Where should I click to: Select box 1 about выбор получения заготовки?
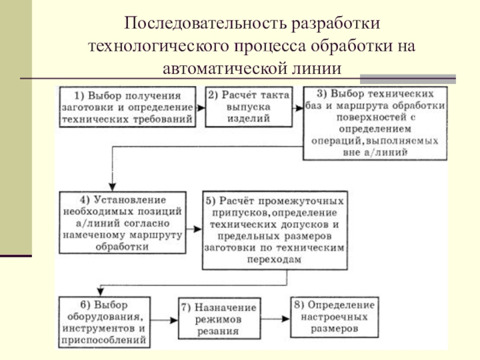(x=128, y=107)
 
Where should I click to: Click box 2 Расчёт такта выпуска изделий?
(x=248, y=107)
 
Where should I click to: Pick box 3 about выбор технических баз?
(x=375, y=124)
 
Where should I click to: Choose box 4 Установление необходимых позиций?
(x=122, y=223)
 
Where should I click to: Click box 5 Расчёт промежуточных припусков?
(x=275, y=230)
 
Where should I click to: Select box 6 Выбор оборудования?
(x=104, y=322)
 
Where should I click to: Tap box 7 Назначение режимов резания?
(x=219, y=319)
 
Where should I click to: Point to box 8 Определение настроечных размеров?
(x=334, y=317)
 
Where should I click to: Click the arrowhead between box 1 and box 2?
(x=201, y=108)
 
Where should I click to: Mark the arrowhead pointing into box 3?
(x=299, y=108)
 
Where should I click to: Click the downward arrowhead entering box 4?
(x=112, y=187)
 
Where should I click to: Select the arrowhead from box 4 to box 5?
(x=198, y=229)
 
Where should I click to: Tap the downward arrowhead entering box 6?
(x=100, y=292)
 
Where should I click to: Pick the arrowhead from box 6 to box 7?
(x=174, y=320)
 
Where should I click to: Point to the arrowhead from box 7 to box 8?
(x=286, y=319)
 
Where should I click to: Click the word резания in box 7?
(x=218, y=331)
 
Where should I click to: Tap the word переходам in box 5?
(x=274, y=260)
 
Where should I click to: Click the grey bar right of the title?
(x=408, y=79)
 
